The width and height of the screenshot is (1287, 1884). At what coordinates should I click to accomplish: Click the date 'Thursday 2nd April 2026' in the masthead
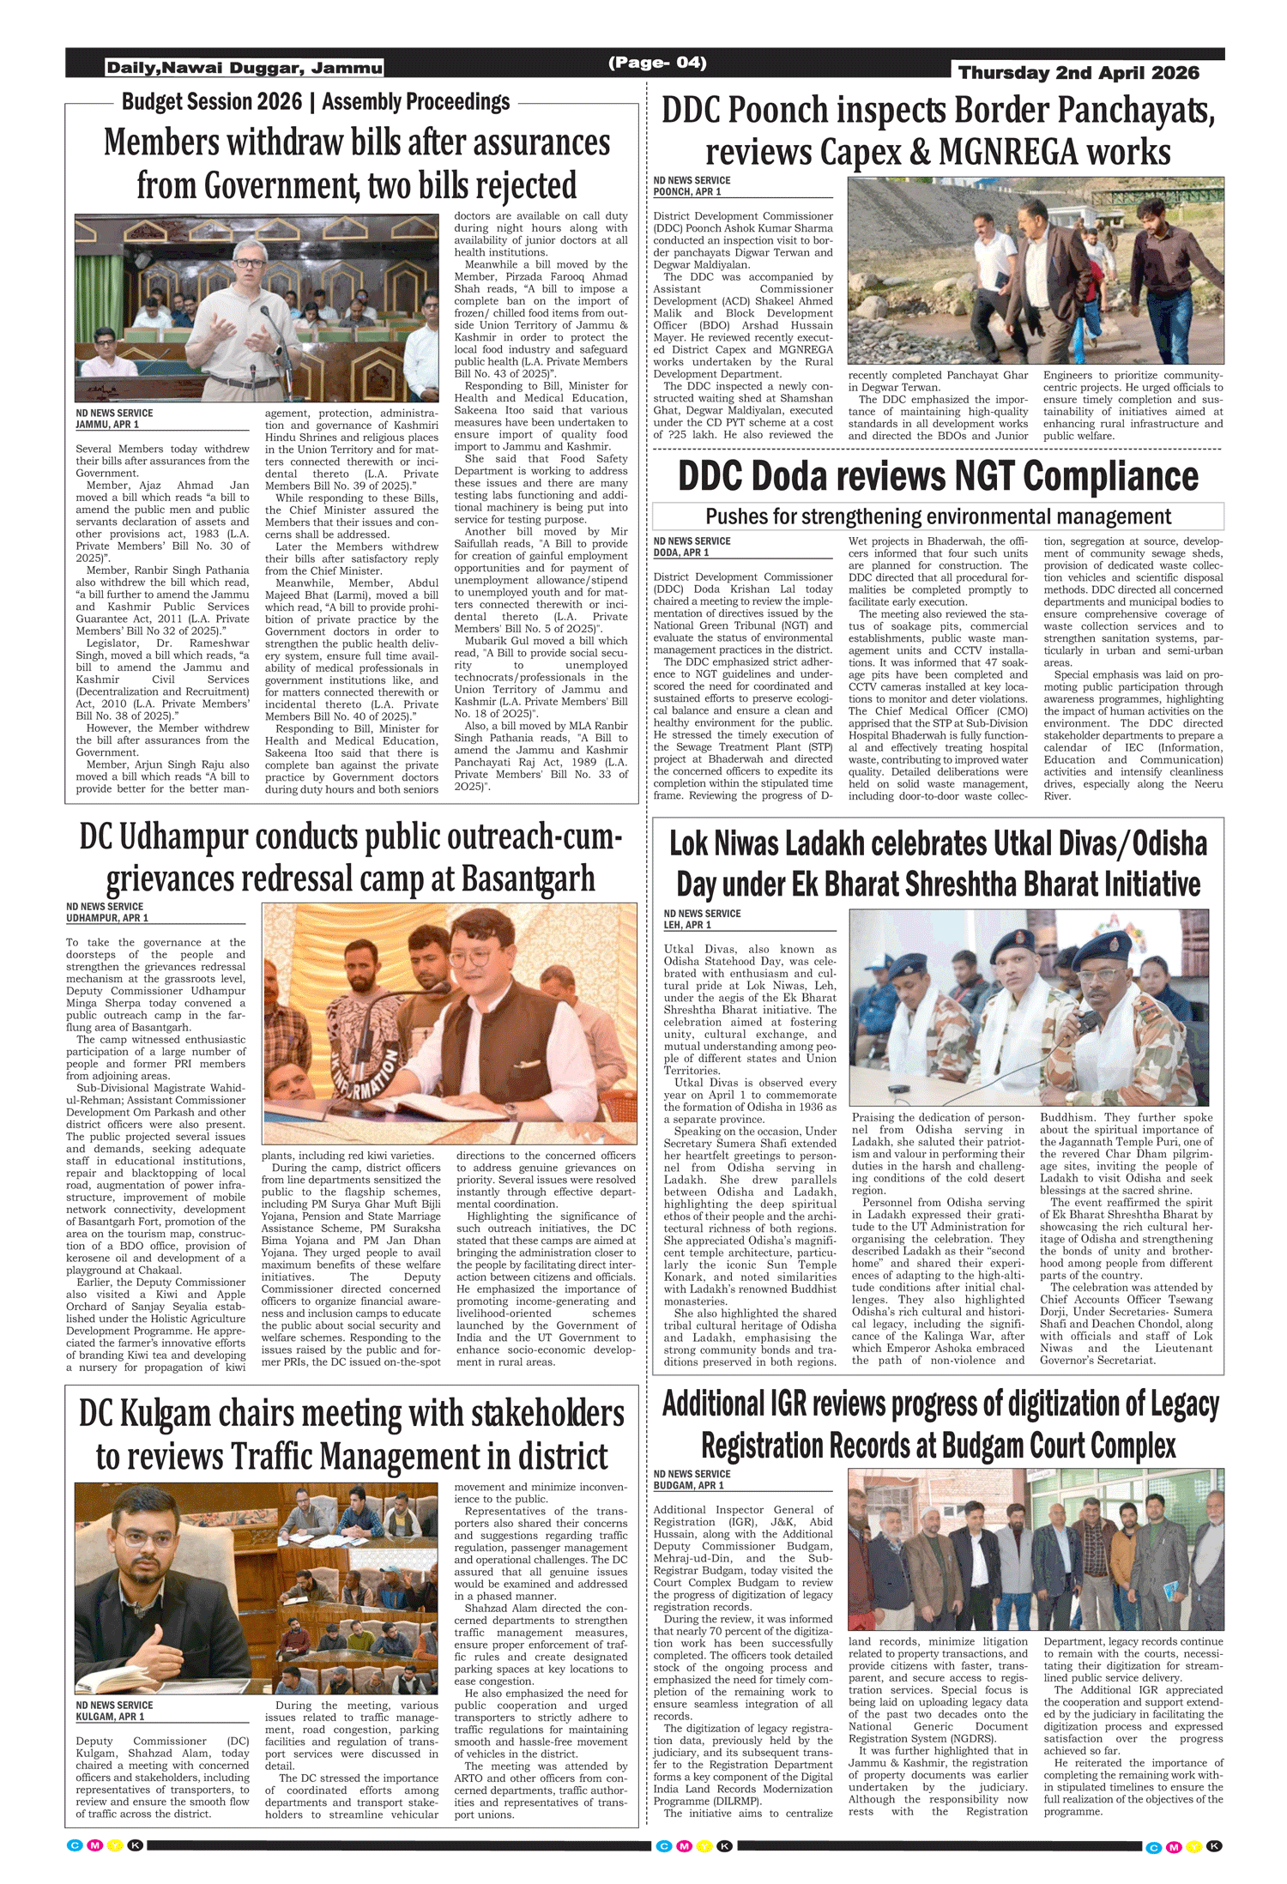tap(1079, 73)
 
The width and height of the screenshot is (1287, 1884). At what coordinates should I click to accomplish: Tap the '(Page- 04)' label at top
tap(657, 63)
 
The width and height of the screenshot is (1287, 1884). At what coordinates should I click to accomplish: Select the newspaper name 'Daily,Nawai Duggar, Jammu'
tap(245, 68)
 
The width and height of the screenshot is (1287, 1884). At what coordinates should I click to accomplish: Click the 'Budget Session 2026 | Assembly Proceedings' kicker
tap(316, 102)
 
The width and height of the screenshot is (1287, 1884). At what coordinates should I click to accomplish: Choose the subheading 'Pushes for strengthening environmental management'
tap(938, 516)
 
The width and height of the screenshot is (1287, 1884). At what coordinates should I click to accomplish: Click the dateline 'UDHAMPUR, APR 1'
tap(107, 918)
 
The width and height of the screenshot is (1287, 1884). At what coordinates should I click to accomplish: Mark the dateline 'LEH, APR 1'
tap(687, 925)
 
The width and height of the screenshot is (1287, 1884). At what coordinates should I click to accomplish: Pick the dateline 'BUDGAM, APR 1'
tap(689, 1485)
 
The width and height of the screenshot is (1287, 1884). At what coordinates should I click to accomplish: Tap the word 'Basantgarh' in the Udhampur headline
tap(528, 879)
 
